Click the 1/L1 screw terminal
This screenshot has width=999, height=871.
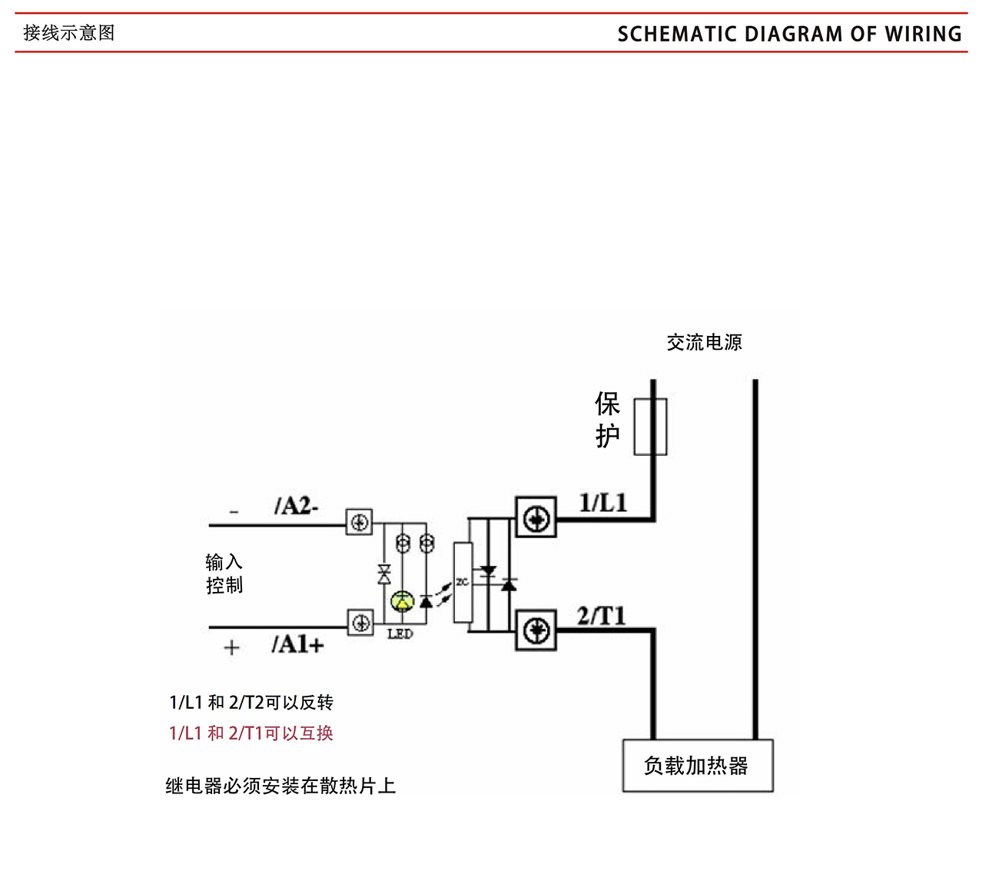(536, 519)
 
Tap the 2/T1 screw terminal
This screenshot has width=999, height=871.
(536, 631)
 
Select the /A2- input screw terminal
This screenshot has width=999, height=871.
(359, 523)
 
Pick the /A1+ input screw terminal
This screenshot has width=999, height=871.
(360, 623)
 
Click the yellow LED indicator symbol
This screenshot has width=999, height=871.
(402, 601)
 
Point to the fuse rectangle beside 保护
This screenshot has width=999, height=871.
(650, 427)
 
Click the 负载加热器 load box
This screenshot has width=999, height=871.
(697, 766)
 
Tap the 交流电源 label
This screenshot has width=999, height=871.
(704, 342)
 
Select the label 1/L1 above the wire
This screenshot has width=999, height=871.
(603, 504)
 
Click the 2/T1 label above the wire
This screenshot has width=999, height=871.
(602, 616)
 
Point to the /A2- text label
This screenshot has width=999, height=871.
(296, 506)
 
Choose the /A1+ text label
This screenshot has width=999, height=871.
(297, 644)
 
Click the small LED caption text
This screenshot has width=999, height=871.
(400, 634)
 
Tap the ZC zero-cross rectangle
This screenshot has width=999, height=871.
(463, 582)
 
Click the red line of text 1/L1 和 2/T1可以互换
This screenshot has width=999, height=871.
(251, 733)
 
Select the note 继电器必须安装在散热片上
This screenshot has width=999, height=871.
(280, 786)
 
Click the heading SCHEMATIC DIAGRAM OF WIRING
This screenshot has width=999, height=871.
(789, 34)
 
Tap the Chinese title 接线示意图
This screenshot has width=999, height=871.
(69, 33)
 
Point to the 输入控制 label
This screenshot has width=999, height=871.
(224, 573)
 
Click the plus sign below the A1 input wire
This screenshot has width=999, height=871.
(231, 648)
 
